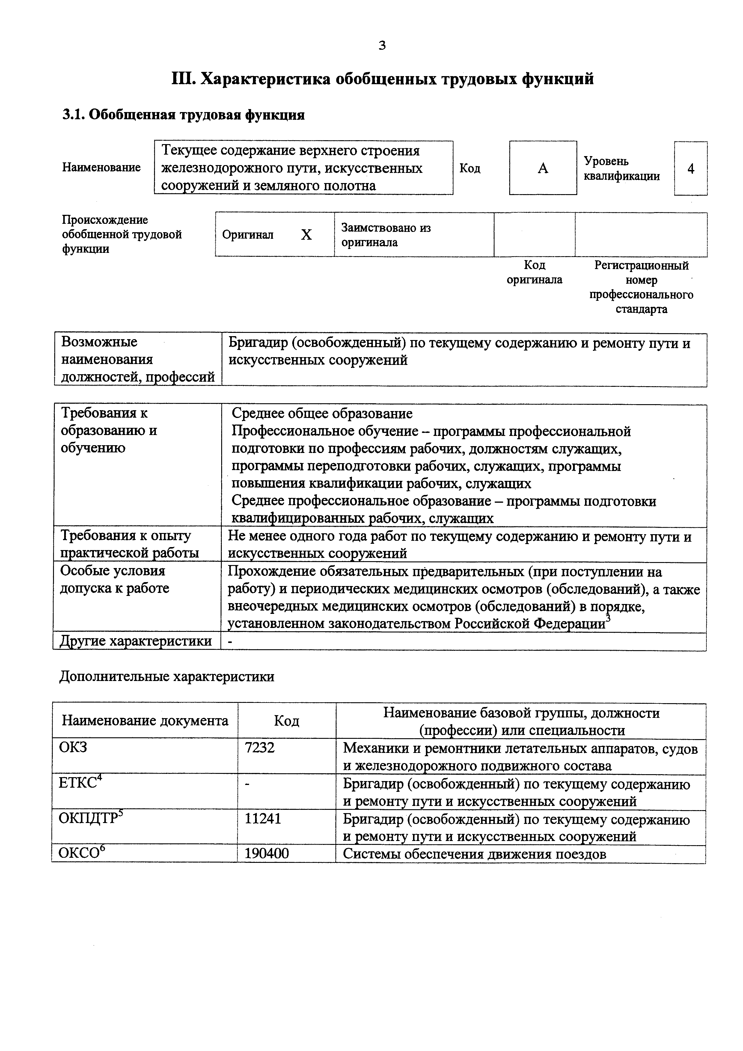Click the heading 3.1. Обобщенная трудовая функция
(183, 114)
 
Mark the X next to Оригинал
(306, 235)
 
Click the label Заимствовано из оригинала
(386, 235)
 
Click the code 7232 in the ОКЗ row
(260, 748)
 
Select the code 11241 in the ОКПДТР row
(263, 818)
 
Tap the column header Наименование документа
(145, 721)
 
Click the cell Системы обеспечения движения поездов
(474, 854)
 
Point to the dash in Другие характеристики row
(230, 642)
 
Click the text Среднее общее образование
(322, 413)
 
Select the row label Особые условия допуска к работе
(114, 579)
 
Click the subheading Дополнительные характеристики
(167, 676)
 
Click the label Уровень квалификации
(622, 168)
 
